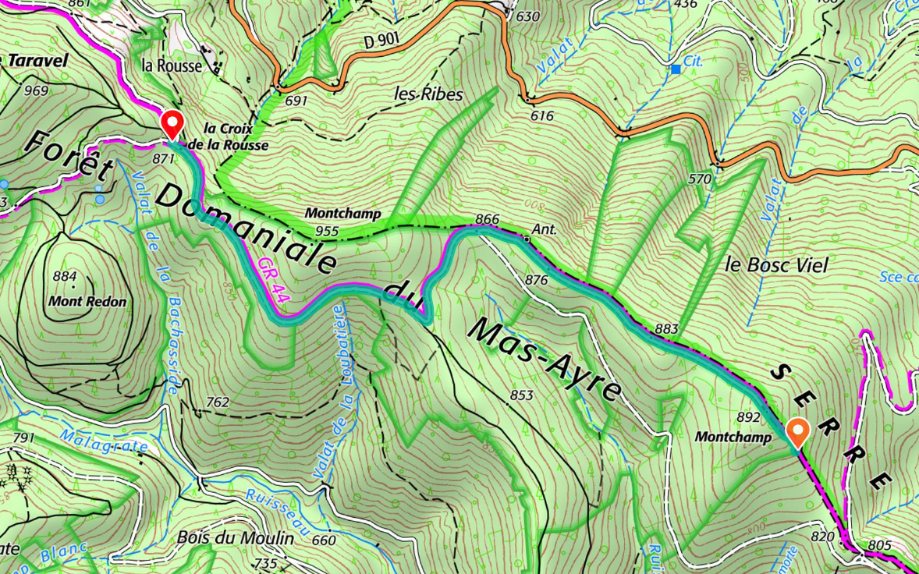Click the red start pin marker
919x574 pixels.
[172, 125]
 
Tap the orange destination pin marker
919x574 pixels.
[797, 431]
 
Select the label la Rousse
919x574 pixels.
[172, 66]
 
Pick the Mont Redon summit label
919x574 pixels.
[87, 301]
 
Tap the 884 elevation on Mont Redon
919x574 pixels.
[65, 276]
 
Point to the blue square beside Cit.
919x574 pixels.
[675, 70]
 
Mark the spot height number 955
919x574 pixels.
[328, 231]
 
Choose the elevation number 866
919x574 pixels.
[487, 220]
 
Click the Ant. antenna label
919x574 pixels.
[544, 230]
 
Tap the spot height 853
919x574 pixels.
[521, 395]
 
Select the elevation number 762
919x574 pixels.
[218, 402]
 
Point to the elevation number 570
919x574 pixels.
[701, 179]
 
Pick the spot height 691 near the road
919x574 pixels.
[297, 101]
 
